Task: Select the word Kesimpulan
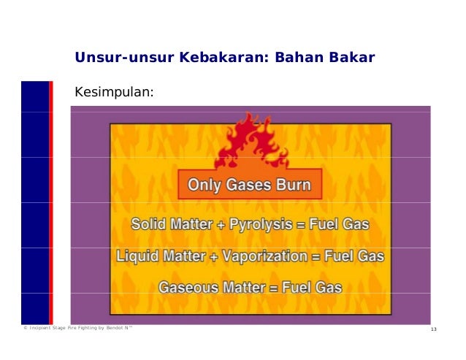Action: point(114,93)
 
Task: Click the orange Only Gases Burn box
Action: point(250,185)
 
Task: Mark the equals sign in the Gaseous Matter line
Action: point(282,288)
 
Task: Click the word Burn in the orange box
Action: point(292,185)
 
